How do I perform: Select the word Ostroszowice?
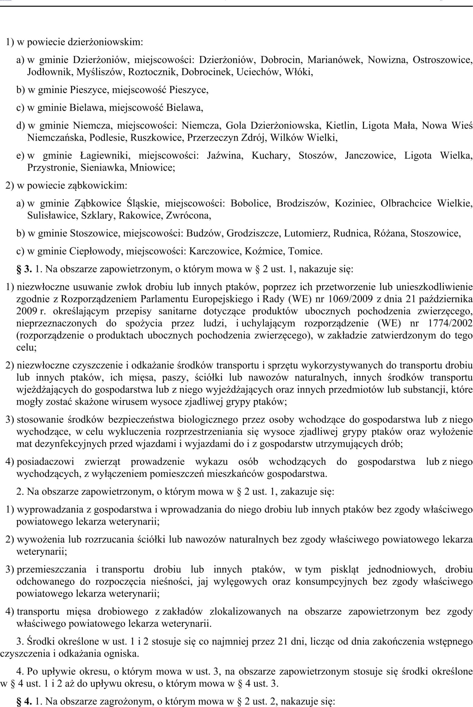tap(442, 60)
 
